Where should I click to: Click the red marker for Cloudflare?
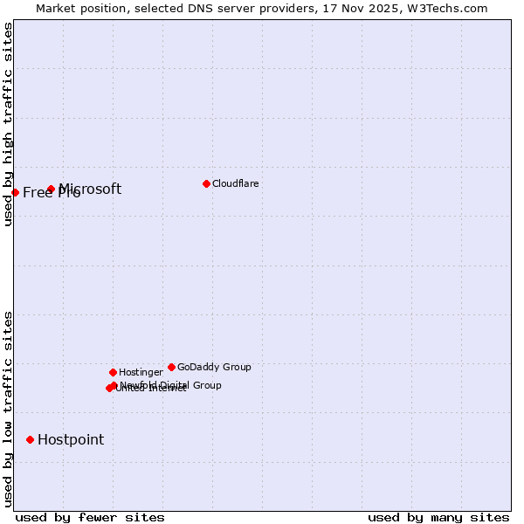point(206,183)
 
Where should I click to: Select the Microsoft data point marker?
point(52,189)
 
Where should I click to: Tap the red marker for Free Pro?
point(16,192)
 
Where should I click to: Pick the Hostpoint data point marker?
point(31,439)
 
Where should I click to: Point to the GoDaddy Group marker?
point(171,367)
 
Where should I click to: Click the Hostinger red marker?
point(113,372)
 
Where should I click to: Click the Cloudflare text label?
point(236,183)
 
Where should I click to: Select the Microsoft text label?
point(91,189)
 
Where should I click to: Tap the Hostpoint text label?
point(71,439)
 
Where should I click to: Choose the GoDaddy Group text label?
point(214,367)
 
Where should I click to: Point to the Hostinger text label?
point(141,372)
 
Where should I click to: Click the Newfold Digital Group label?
point(171,384)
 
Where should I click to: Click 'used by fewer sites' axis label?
point(90,517)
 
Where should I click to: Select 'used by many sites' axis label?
point(438,517)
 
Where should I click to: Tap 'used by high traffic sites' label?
point(8,125)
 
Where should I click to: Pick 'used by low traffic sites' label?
point(8,409)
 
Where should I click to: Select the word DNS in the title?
point(220,8)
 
